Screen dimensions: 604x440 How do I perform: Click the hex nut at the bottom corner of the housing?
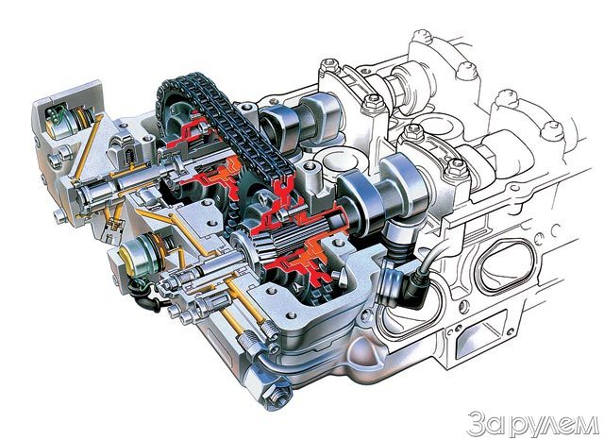tap(275, 393)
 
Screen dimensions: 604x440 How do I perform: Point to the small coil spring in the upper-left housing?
tap(130, 157)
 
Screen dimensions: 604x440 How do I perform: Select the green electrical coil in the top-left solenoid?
tap(54, 115)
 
